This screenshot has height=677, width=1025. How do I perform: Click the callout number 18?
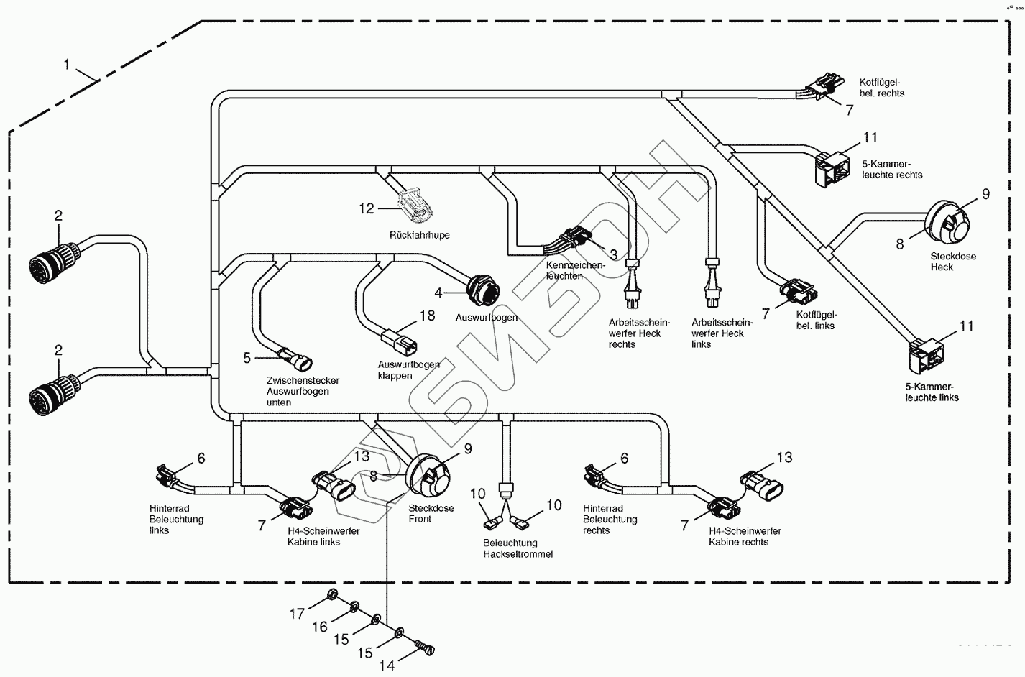(x=428, y=316)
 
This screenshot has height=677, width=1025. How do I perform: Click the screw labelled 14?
(x=426, y=650)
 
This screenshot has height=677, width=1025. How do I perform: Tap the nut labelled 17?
(x=332, y=594)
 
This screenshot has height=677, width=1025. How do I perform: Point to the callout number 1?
(x=67, y=65)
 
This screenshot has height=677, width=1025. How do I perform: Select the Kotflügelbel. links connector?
(x=799, y=291)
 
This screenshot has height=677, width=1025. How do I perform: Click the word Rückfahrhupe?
(x=419, y=235)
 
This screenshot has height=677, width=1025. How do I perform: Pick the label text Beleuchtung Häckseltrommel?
(x=518, y=548)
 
